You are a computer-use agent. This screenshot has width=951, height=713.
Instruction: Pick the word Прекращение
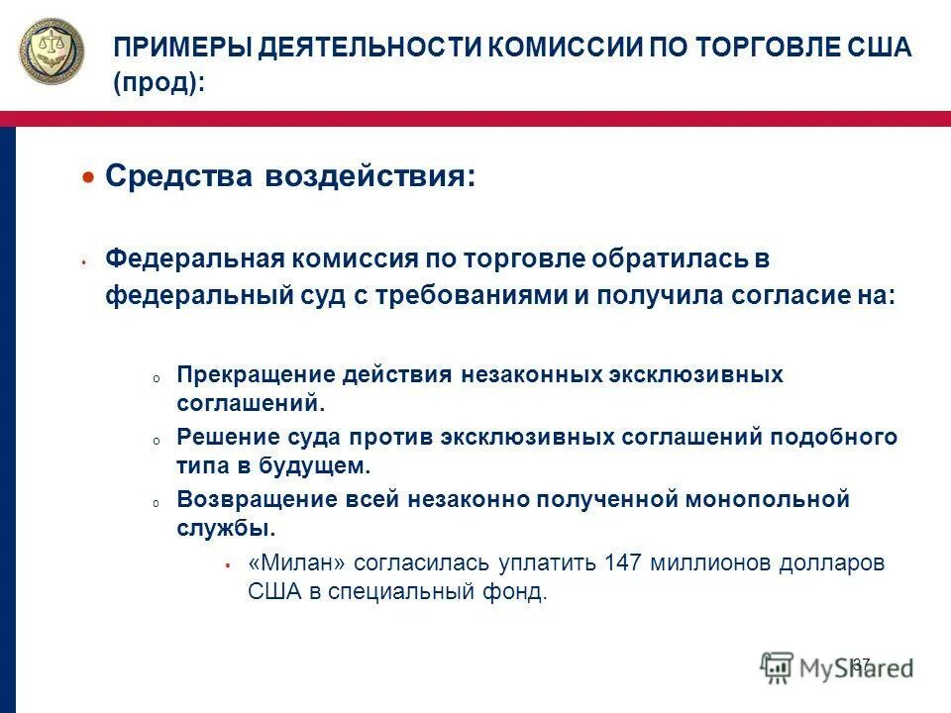click(x=255, y=375)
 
